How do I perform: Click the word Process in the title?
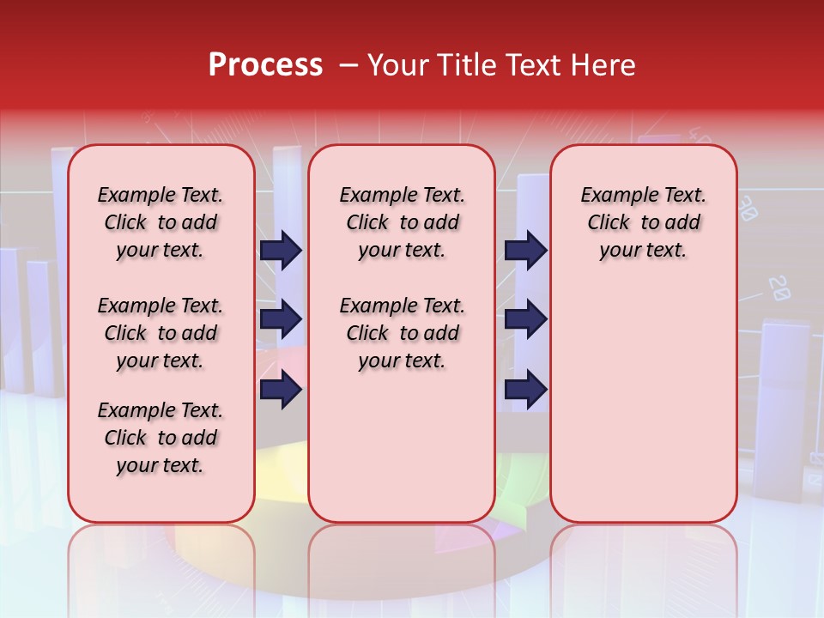265,65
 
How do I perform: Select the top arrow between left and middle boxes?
281,250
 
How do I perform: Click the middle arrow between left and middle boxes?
281,320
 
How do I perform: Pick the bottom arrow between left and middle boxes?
281,390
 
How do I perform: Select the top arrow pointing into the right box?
525,250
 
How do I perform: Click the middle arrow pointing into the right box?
525,320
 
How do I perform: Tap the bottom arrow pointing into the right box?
525,390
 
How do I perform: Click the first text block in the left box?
161,222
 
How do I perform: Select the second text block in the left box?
161,333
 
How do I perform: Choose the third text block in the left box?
161,438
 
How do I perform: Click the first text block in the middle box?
402,222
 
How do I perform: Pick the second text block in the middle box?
402,333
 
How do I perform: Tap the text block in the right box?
643,222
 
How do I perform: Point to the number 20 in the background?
779,288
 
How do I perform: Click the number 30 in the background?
748,209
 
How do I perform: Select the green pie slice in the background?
512,481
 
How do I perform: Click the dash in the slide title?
349,65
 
